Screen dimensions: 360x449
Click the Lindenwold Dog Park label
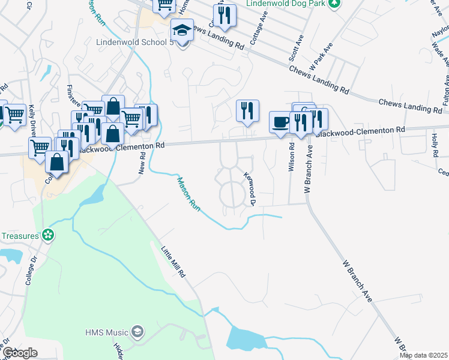coord(288,4)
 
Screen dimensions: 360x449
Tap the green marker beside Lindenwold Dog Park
coord(336,4)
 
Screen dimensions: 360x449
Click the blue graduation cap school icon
coord(182,30)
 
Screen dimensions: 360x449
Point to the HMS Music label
coord(107,332)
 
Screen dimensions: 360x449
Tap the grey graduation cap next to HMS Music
coord(137,332)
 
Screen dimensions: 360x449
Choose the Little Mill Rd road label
coord(174,260)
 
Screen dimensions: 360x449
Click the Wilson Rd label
coord(292,158)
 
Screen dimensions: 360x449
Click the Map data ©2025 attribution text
coord(423,355)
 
